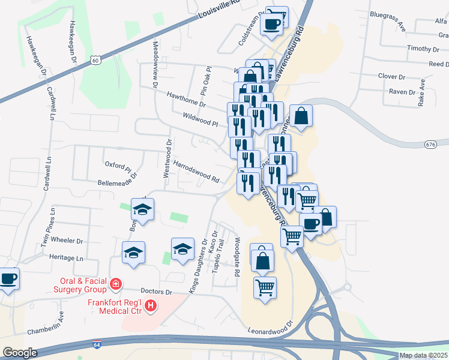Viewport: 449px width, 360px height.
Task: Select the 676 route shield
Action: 430,145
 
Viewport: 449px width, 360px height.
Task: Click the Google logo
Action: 20,353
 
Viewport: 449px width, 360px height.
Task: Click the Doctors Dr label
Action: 157,292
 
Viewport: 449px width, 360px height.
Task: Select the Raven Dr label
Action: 402,92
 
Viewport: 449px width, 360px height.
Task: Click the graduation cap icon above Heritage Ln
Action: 133,253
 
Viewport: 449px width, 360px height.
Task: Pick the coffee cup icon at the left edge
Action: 8,278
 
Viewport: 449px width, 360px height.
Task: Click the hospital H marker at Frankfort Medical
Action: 151,306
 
